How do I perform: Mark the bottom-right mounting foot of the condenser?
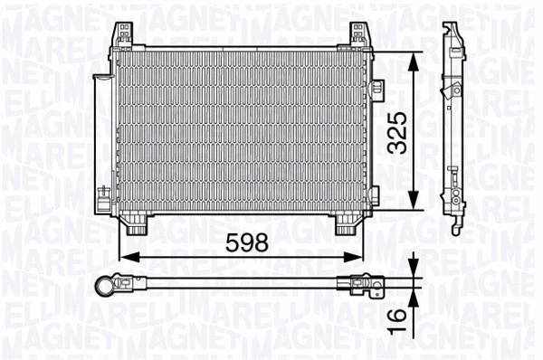click(x=348, y=223)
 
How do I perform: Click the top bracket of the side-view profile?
click(x=450, y=36)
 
